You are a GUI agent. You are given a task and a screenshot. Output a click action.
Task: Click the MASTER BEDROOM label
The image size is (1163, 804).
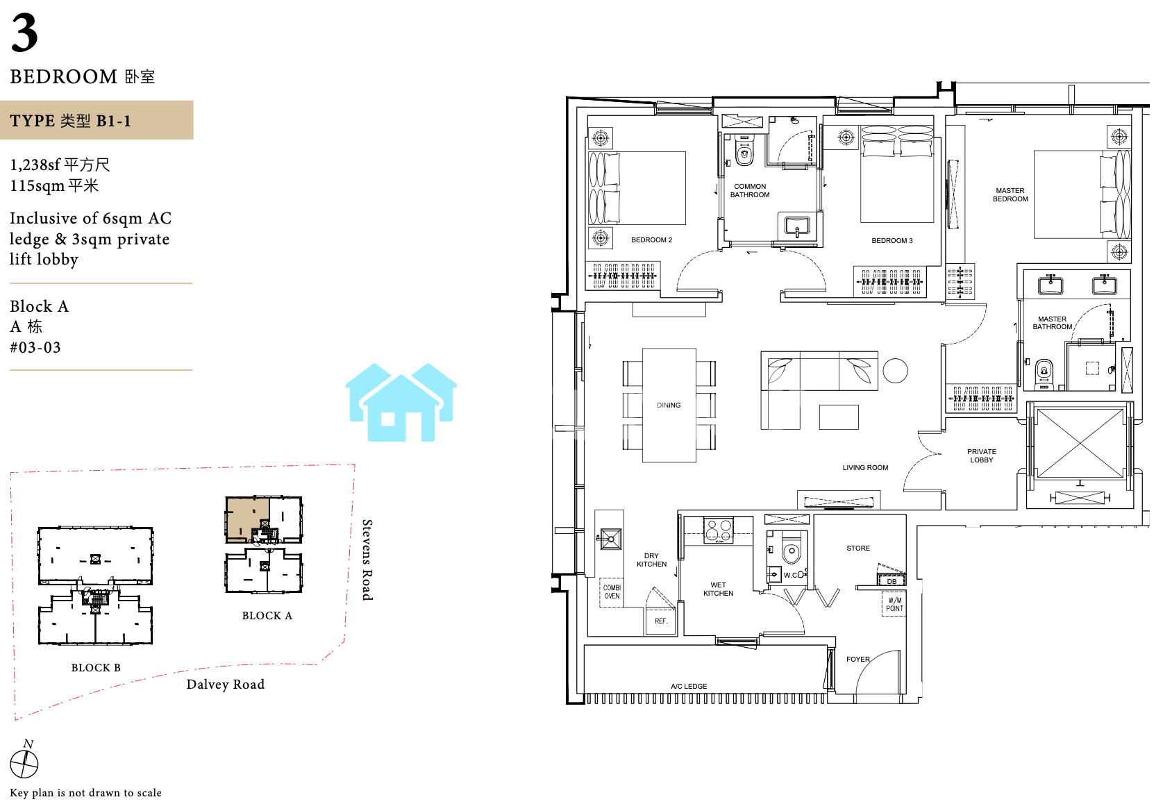pos(1010,194)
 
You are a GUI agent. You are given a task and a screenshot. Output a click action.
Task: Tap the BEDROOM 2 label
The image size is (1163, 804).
pos(651,240)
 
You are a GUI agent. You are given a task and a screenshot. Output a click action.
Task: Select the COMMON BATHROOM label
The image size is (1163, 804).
pos(750,190)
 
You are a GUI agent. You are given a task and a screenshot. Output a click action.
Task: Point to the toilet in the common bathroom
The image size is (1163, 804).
pos(744,151)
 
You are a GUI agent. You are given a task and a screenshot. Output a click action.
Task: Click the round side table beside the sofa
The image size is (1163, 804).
pos(895,371)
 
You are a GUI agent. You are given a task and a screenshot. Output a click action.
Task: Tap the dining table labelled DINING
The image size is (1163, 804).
pos(669,405)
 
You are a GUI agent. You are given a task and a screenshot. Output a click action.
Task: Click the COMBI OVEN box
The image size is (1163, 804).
pos(612,592)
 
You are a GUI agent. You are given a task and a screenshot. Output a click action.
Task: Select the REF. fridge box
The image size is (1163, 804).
pos(660,621)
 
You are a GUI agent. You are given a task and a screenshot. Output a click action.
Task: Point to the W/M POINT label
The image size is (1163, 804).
pos(894,604)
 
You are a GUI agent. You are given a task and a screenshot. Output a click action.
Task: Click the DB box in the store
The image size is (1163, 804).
pos(892,580)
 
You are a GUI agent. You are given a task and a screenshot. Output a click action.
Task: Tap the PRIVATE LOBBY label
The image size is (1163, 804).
pos(981,455)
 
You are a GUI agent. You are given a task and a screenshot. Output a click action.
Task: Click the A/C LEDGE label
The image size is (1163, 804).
pos(689,686)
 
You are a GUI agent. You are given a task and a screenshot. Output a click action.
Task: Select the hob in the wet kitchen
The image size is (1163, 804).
pos(719,530)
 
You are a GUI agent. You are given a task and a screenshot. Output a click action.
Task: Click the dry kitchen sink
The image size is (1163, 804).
pos(610,539)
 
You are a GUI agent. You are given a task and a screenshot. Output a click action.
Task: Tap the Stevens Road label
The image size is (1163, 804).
pos(367,560)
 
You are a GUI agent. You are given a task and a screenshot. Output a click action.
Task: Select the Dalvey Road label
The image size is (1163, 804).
pos(226,684)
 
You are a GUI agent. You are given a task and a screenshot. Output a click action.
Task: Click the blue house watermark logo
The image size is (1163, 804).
pos(401,402)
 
